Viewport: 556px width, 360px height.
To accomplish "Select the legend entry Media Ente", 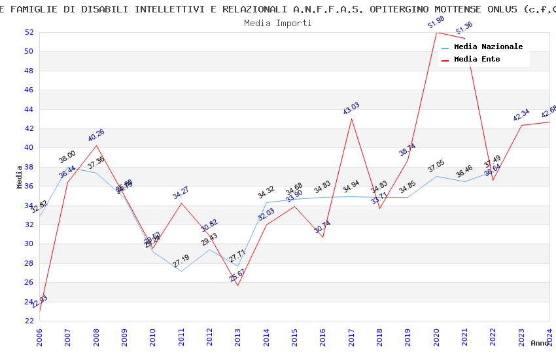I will [477, 60].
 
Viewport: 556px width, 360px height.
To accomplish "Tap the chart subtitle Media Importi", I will [278, 23].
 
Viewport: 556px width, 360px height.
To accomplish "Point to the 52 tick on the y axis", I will [29, 32].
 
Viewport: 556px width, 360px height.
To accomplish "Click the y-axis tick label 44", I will [29, 109].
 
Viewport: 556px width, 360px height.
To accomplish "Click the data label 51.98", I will [436, 23].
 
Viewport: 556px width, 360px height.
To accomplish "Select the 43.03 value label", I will [351, 109].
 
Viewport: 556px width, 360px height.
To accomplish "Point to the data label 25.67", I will [237, 276].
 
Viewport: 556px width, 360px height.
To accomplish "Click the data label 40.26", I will [96, 135].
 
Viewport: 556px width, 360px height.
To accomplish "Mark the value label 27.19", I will [181, 261].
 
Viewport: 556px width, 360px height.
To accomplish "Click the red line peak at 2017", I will [351, 118].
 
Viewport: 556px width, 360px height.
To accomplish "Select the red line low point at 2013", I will [238, 285].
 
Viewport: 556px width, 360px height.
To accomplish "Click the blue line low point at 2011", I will [181, 271].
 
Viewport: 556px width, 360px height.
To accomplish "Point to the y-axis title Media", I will [20, 177].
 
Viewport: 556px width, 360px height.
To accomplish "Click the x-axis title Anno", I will [540, 343].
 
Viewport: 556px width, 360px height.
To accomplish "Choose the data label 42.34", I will [521, 115].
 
